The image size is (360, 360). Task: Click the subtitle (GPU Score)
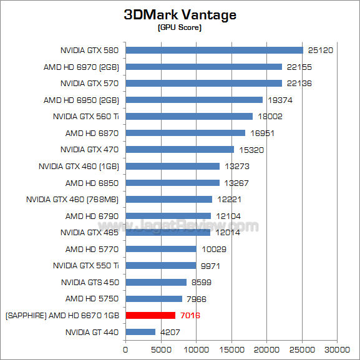click(179, 28)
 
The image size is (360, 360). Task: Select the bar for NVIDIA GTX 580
click(214, 50)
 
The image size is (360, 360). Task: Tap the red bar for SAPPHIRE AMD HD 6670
click(150, 315)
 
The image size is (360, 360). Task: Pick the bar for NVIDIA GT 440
click(140, 332)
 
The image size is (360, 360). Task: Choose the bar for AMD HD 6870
click(185, 133)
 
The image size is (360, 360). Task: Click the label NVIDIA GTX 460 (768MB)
click(73, 199)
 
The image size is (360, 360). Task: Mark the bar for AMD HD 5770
click(161, 249)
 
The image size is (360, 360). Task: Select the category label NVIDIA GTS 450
click(90, 282)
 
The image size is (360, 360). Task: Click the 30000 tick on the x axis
click(338, 349)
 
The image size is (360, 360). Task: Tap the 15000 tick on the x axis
click(231, 349)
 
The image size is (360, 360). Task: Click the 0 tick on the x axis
click(126, 349)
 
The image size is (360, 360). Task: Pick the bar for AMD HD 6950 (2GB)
click(194, 100)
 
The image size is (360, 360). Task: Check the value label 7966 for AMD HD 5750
click(198, 299)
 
